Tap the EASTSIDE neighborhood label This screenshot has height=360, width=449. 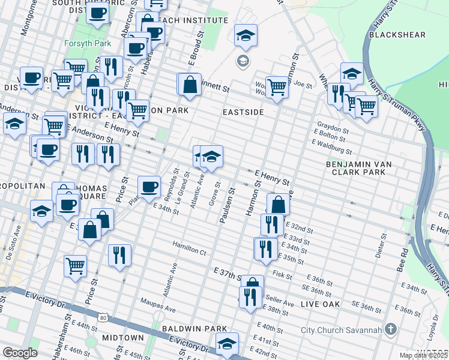(244, 112)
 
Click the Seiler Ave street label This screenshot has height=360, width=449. (280, 304)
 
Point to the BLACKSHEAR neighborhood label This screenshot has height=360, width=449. (393, 35)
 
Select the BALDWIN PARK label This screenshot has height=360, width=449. (194, 329)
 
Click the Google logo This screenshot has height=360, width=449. (20, 353)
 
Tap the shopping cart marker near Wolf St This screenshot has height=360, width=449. (276, 87)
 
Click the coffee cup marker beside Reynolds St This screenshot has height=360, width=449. (149, 186)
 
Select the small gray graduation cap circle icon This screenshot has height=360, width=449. (243, 60)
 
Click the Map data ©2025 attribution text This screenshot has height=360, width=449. (423, 355)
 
